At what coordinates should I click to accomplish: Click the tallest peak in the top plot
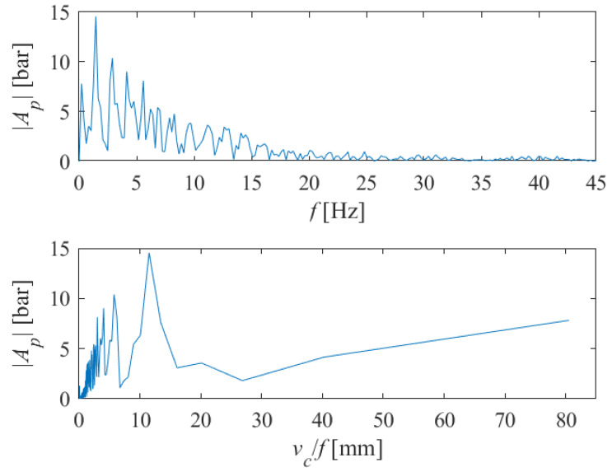point(96,17)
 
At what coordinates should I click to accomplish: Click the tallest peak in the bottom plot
point(149,253)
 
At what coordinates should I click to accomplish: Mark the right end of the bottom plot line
point(568,320)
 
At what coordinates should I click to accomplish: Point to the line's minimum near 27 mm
point(242,381)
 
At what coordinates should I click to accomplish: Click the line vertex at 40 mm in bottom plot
point(325,357)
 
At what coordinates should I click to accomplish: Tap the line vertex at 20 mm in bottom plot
point(201,362)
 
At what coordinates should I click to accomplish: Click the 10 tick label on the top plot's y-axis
point(60,62)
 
